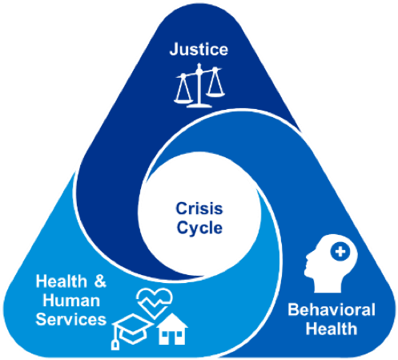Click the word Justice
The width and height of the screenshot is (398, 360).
[199, 50]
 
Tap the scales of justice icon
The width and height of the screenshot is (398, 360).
[199, 86]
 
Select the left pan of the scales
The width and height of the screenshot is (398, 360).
[183, 101]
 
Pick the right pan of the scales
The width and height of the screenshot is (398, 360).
[215, 94]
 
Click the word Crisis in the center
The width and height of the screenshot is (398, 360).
[199, 208]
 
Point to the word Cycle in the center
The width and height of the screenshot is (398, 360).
[199, 229]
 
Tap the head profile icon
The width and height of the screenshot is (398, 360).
[331, 263]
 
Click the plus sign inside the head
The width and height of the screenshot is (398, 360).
[340, 252]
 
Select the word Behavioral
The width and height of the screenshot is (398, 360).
[332, 310]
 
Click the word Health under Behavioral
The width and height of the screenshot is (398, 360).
[332, 329]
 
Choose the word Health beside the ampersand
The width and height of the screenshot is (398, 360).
[62, 281]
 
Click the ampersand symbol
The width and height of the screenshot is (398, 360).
[100, 281]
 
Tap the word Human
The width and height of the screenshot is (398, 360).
[71, 301]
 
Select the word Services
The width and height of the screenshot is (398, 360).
[71, 319]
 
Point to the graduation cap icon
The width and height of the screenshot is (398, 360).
[131, 331]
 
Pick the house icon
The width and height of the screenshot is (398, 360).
[172, 329]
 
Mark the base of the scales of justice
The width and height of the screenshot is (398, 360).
[199, 105]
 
